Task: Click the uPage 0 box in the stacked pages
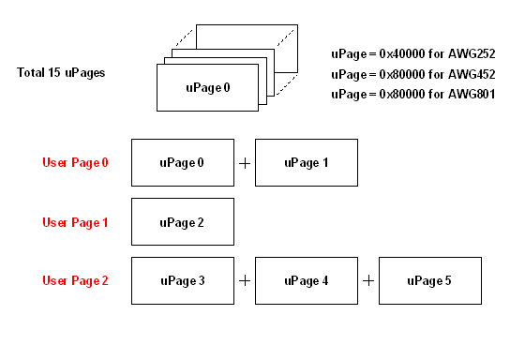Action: click(x=206, y=88)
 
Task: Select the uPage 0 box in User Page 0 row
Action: click(x=182, y=163)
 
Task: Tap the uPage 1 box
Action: click(x=306, y=163)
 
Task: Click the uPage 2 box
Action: click(x=182, y=222)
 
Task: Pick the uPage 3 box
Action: click(x=182, y=280)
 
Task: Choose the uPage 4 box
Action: click(x=306, y=280)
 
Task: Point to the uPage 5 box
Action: click(x=430, y=280)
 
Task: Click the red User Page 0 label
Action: click(x=75, y=163)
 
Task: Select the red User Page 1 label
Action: click(x=75, y=222)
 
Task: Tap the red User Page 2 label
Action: click(x=75, y=280)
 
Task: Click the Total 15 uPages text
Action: click(x=61, y=72)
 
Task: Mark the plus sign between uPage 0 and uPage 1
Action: click(x=245, y=163)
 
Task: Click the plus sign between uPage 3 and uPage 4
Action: click(x=245, y=280)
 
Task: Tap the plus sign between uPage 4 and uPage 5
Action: click(x=368, y=280)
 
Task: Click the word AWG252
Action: click(x=472, y=53)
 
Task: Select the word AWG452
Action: click(x=472, y=74)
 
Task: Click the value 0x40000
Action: click(x=402, y=53)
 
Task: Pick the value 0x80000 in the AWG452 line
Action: click(x=402, y=74)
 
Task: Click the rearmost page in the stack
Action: click(x=281, y=37)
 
